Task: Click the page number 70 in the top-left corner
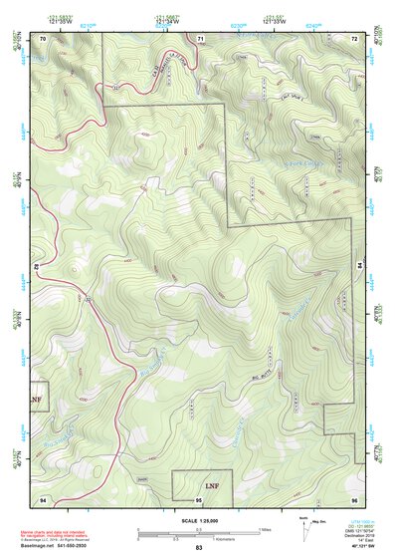point(43,38)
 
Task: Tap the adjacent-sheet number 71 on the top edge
point(200,38)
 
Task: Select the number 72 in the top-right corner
point(353,38)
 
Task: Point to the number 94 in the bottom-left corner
point(43,497)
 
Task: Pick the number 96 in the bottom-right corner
point(353,497)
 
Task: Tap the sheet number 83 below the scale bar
point(199,548)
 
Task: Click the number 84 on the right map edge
point(358,264)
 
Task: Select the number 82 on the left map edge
point(37,267)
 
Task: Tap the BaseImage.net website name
point(37,545)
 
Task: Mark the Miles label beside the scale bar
point(265,529)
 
